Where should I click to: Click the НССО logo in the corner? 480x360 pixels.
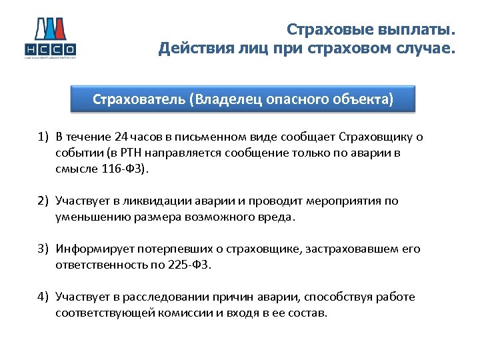[50, 39]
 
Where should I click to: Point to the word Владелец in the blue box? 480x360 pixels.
[227, 100]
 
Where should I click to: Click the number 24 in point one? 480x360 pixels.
[121, 137]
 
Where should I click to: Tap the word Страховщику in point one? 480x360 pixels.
[377, 137]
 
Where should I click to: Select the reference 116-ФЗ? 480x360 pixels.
[126, 169]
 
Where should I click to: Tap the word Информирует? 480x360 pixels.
[95, 249]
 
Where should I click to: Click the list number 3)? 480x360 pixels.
[43, 249]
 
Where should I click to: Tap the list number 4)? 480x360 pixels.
[43, 297]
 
